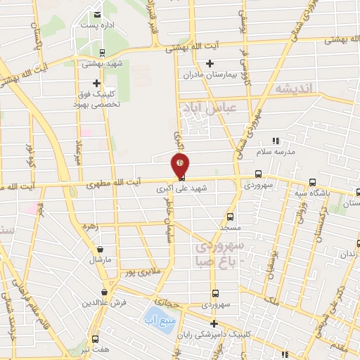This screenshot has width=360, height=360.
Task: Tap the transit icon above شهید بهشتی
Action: pyautogui.click(x=103, y=53)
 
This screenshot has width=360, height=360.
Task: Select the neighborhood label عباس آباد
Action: pyautogui.click(x=204, y=109)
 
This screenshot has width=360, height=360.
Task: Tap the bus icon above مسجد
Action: pyautogui.click(x=231, y=217)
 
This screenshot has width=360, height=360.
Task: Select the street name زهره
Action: pyautogui.click(x=89, y=226)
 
